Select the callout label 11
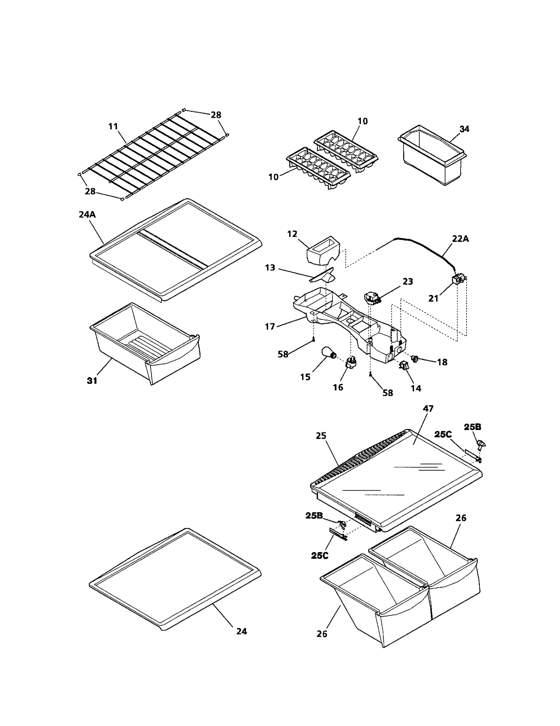pyautogui.click(x=113, y=126)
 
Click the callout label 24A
pyautogui.click(x=87, y=214)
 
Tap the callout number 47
pyautogui.click(x=428, y=408)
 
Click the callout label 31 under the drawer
pyautogui.click(x=92, y=381)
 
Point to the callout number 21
pyautogui.click(x=433, y=298)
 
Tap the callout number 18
pyautogui.click(x=442, y=362)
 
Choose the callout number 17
pyautogui.click(x=270, y=327)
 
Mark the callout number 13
pyautogui.click(x=270, y=268)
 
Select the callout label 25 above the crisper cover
pyautogui.click(x=321, y=436)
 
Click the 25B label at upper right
pyautogui.click(x=472, y=427)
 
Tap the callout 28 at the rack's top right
pyautogui.click(x=216, y=115)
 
